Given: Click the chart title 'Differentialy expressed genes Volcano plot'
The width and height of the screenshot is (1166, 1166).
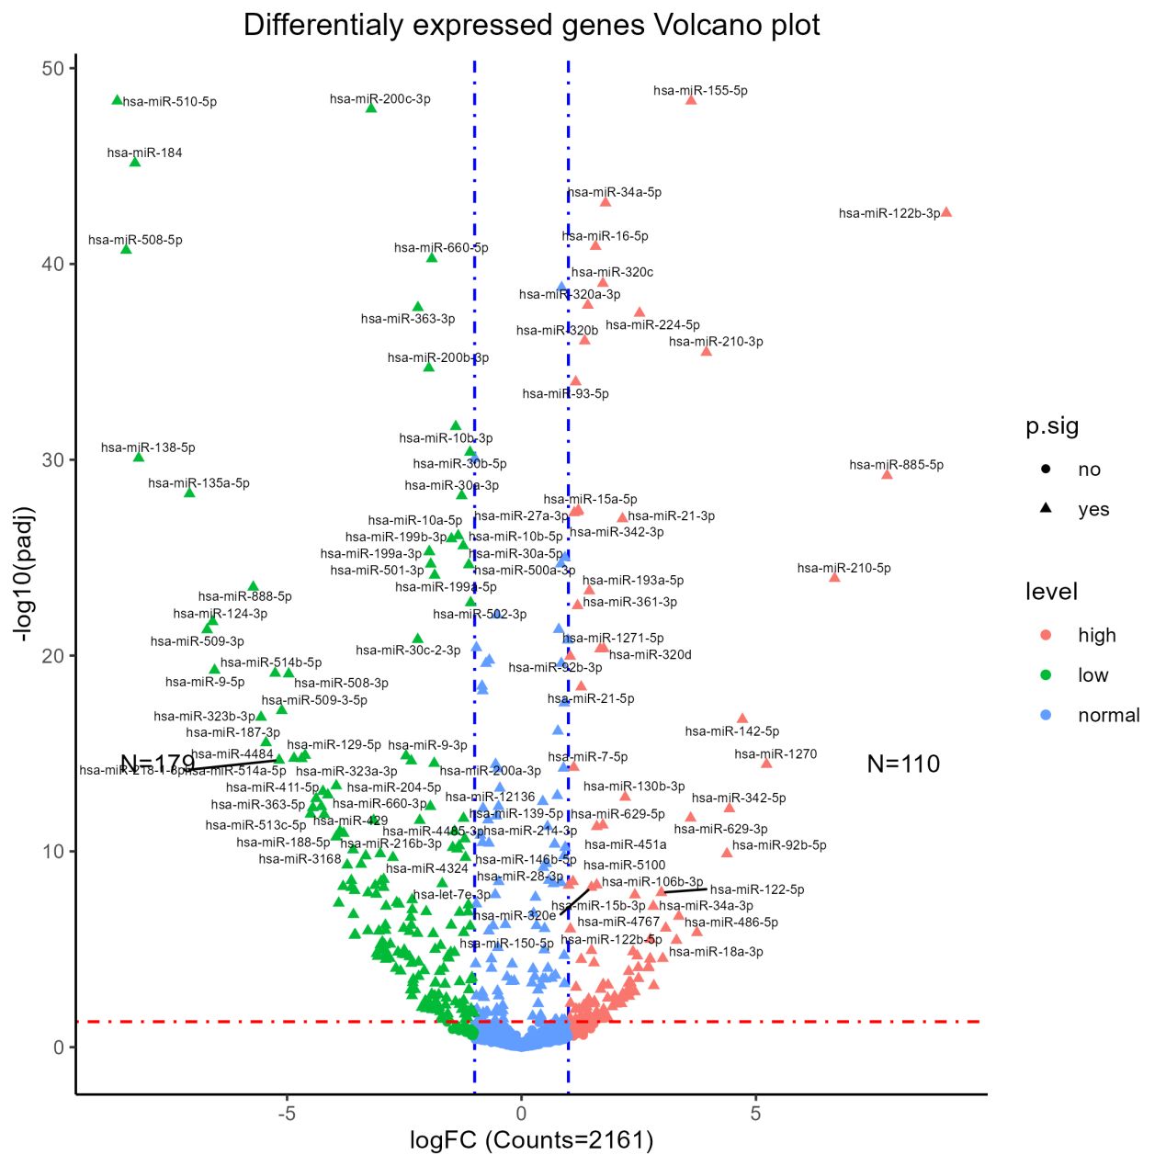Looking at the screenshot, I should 531,25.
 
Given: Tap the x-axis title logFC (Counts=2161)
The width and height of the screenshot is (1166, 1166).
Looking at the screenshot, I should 531,1140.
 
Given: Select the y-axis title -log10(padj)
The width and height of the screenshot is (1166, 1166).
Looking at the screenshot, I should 24,573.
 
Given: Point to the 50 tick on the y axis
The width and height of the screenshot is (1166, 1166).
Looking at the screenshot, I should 52,69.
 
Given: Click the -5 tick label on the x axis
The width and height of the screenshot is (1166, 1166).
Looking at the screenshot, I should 287,1114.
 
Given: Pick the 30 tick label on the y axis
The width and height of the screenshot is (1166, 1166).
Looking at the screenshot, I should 52,460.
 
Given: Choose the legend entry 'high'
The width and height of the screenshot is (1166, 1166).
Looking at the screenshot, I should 1096,635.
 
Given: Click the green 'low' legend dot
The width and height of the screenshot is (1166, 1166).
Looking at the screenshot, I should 1046,675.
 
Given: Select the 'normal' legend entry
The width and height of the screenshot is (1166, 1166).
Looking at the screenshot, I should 1108,715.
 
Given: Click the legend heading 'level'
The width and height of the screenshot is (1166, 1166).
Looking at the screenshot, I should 1051,592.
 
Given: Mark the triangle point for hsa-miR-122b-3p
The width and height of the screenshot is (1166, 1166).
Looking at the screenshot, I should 946,212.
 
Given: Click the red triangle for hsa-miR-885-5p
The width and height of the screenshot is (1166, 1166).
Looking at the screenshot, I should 887,474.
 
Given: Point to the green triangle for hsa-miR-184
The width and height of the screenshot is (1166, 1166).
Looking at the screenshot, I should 135,162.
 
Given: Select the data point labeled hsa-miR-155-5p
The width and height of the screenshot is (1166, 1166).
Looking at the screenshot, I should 691,99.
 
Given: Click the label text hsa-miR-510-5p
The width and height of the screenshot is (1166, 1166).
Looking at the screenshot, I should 170,102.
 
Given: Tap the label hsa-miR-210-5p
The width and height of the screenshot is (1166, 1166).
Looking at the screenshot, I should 843,568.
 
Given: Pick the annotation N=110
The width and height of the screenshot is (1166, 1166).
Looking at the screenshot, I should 903,764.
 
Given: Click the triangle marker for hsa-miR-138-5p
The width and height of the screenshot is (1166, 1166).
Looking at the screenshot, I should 139,457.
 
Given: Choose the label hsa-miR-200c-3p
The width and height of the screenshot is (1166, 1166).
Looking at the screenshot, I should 379,99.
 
